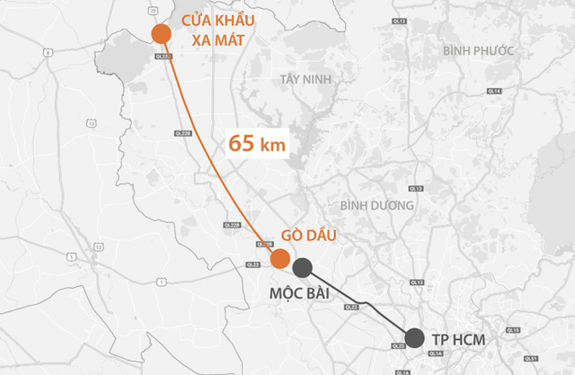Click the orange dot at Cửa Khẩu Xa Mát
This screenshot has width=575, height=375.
[161, 34]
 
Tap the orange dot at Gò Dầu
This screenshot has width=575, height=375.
[280, 259]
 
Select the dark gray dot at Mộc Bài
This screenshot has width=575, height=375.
[303, 266]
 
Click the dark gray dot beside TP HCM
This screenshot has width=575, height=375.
[414, 338]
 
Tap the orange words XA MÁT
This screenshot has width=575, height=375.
[220, 40]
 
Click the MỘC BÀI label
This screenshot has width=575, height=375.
[304, 293]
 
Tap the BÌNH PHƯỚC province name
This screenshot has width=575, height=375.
[479, 50]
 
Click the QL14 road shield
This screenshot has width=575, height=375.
[494, 91]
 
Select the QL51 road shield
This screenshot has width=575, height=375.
[513, 331]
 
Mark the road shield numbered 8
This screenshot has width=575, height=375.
[47, 52]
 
